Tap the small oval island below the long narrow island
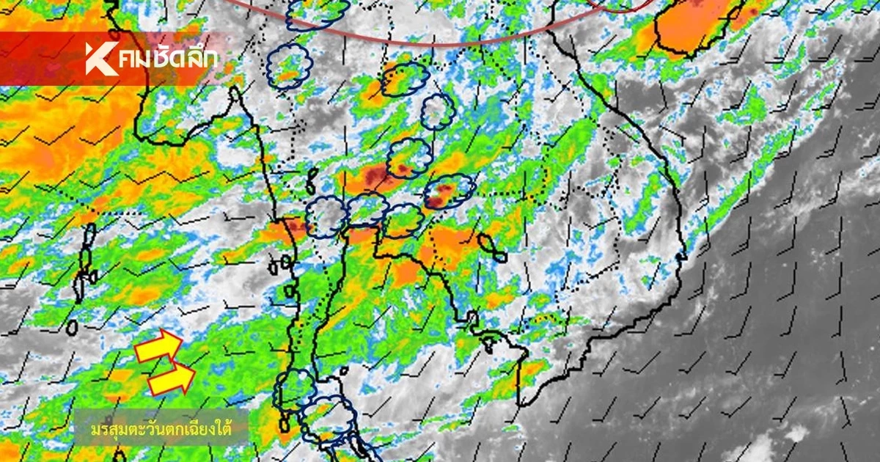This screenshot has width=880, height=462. [72, 326]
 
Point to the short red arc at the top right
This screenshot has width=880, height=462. [620, 7]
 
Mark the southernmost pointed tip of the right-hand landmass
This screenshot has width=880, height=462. [518, 404]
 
